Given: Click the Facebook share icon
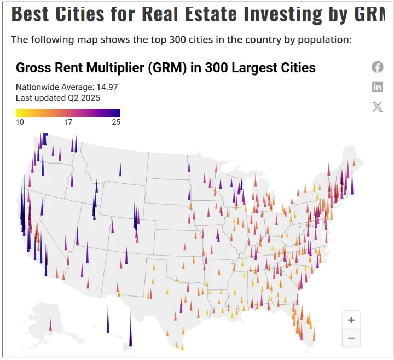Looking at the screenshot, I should pyautogui.click(x=378, y=67).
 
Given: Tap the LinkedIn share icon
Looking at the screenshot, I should pyautogui.click(x=378, y=86).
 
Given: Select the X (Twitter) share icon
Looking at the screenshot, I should pyautogui.click(x=378, y=106).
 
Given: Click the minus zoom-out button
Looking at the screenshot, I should pyautogui.click(x=351, y=338).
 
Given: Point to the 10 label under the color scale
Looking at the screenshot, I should pyautogui.click(x=20, y=122).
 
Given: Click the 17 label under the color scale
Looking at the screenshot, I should pyautogui.click(x=68, y=122).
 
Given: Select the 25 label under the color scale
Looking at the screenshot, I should pyautogui.click(x=116, y=122).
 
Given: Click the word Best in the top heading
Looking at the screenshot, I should pyautogui.click(x=31, y=14).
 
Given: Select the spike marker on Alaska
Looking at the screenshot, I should pyautogui.click(x=51, y=325).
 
